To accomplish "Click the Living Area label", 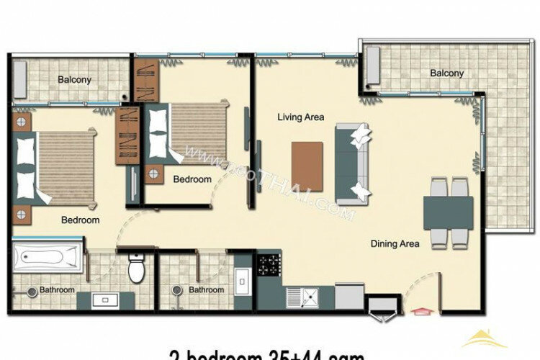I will click(301, 117).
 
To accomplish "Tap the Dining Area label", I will click(395, 244).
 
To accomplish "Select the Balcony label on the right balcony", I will click(446, 73).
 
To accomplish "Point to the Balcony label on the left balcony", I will click(75, 80).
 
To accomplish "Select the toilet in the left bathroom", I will click(135, 271).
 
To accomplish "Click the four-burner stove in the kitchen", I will click(269, 265).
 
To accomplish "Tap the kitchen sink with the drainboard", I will click(302, 295).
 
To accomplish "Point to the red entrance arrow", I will click(419, 312).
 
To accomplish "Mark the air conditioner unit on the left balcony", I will click(19, 76).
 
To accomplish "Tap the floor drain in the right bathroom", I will click(177, 291).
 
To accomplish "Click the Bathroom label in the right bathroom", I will click(206, 290).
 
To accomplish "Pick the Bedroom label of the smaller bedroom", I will click(192, 179).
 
